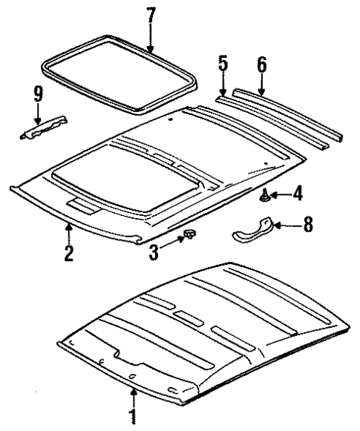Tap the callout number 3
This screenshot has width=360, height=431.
click(x=154, y=251)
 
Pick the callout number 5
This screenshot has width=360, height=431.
click(x=223, y=64)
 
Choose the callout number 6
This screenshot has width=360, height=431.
click(x=261, y=64)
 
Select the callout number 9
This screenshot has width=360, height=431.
click(x=37, y=94)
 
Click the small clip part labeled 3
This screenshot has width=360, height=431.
click(x=189, y=236)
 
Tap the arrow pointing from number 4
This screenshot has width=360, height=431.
click(x=278, y=196)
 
